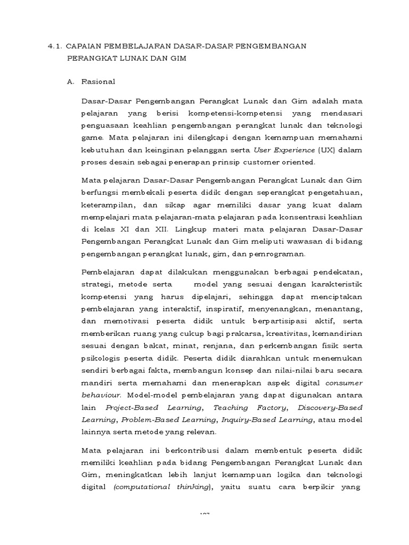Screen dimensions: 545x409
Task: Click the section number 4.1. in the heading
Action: [x=53, y=46]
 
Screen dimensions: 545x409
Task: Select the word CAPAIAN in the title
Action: [x=84, y=46]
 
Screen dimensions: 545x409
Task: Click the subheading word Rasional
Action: [x=98, y=82]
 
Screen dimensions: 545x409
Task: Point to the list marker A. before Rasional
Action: [x=71, y=82]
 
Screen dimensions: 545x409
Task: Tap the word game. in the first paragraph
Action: [x=93, y=137]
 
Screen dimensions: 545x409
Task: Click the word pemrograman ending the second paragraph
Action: [x=279, y=254]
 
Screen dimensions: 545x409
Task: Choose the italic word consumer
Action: [x=343, y=383]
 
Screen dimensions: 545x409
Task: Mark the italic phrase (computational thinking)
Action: [x=163, y=487]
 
